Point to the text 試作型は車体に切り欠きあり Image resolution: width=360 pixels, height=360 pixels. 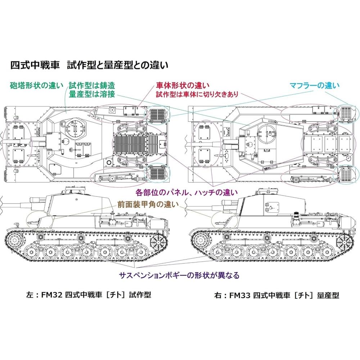[x=197, y=95]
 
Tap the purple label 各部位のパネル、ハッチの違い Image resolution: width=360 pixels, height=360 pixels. [x=186, y=191]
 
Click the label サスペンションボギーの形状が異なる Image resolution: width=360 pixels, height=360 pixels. [x=179, y=275]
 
